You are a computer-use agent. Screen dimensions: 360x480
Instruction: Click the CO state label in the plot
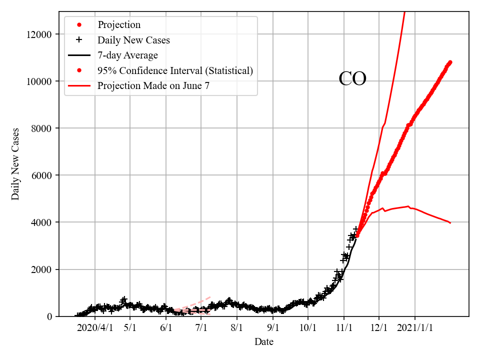(x=352, y=79)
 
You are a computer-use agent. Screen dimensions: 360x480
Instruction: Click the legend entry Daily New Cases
(x=133, y=40)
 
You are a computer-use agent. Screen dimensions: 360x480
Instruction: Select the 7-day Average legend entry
(x=127, y=55)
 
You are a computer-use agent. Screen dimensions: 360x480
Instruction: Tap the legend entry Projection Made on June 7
(x=153, y=86)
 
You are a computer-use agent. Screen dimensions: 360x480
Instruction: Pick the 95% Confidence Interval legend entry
(x=175, y=70)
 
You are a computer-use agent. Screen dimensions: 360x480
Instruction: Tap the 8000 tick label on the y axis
(x=40, y=128)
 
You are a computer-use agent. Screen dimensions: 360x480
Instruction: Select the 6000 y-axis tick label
(x=40, y=175)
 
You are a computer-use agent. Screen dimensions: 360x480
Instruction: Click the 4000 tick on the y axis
(x=40, y=222)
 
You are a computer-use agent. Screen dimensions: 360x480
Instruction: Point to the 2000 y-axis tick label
(x=40, y=269)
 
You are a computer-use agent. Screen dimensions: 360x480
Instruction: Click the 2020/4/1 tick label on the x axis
(x=95, y=328)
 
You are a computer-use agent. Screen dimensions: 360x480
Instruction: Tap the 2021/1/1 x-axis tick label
(x=415, y=328)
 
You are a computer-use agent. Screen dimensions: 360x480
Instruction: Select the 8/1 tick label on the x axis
(x=237, y=328)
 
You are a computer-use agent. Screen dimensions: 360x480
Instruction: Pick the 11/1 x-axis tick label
(x=344, y=328)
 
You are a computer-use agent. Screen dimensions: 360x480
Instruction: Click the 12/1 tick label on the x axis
(x=379, y=328)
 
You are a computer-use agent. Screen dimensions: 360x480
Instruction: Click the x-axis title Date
(x=263, y=342)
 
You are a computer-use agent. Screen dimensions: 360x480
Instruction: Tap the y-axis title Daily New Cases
(x=16, y=164)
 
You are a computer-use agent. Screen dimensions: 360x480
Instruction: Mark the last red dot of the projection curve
(x=450, y=62)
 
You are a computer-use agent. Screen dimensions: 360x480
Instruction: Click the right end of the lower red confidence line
(x=450, y=223)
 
